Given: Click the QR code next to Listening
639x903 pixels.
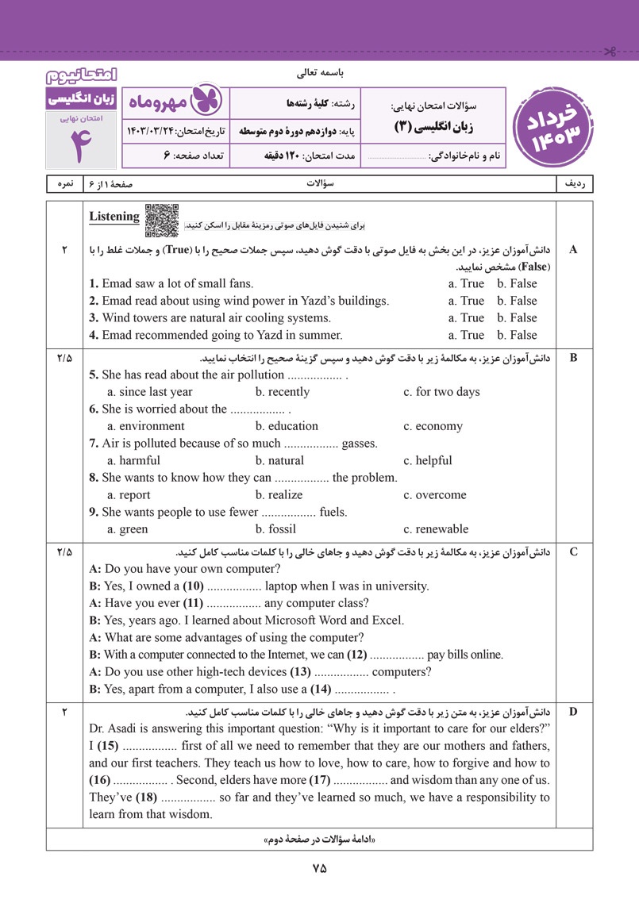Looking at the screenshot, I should pos(162,221).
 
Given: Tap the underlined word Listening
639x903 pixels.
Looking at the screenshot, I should pos(114,217).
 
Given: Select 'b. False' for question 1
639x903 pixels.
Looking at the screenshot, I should pos(517,283).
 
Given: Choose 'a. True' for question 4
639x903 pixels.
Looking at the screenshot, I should pos(466,335).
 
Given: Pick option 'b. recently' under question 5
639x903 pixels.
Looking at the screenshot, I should pos(283,392).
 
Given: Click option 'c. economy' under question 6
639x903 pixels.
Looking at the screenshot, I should pos(433,426).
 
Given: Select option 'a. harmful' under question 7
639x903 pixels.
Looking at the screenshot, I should pos(133,460).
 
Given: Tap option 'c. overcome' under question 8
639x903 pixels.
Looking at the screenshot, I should pos(435,495).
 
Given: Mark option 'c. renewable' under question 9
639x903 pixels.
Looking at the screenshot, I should pos(436,529).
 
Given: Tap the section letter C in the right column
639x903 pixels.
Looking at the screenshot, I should pos(574,551).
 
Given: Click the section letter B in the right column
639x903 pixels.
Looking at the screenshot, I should pos(574,357).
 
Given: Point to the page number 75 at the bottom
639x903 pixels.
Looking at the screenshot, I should pos(319,869).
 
